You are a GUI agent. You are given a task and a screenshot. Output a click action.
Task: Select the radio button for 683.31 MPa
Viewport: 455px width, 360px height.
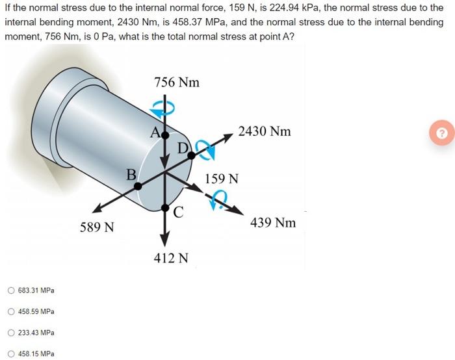tap(11, 290)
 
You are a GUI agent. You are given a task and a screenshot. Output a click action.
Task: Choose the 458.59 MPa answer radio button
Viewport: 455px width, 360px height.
tap(11, 311)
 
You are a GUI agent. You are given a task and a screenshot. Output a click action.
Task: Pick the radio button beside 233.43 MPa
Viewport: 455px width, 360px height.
tap(11, 333)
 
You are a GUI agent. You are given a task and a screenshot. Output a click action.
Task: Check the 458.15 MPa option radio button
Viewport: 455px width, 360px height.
tap(11, 354)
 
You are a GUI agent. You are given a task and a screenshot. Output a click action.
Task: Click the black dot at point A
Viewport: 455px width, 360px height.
tap(165, 135)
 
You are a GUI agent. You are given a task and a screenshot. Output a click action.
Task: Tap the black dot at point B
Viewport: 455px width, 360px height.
tap(138, 186)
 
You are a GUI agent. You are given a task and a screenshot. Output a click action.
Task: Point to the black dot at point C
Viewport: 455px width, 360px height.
tap(165, 208)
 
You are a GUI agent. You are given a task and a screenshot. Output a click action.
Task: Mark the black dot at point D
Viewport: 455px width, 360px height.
tap(192, 155)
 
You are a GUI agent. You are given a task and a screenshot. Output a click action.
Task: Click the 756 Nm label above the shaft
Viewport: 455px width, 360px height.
tap(177, 83)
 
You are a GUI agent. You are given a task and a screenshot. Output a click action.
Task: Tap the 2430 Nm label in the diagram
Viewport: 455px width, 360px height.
tap(265, 131)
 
